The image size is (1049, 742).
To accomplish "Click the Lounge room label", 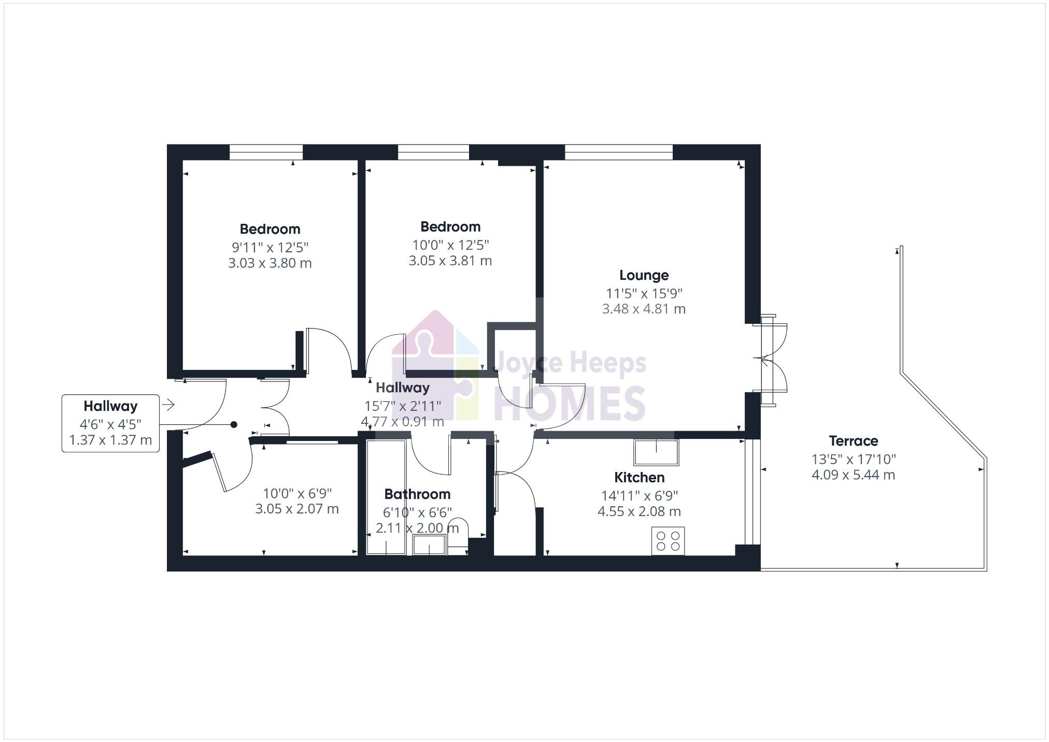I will pos(644,275).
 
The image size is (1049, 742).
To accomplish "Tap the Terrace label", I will pos(853,441).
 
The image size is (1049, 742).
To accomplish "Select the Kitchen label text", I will pos(639,477).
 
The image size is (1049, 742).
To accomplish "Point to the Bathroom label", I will pos(417,494).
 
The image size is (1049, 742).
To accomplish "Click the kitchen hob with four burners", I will pos(668,540).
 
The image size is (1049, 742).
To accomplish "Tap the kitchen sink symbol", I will pos(656,452).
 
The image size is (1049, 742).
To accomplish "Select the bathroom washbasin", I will pos(429,545).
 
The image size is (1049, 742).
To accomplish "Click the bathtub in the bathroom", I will pos(386,497).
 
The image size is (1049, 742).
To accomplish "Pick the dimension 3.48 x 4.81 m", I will pos(644,309).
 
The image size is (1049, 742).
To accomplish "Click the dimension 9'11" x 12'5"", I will pos(270,247).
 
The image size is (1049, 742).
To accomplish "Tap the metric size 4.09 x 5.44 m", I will pos(853,475).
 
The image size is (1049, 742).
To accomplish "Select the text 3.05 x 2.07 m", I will pos(296,509).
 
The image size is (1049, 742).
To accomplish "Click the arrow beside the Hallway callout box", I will pos(168,405).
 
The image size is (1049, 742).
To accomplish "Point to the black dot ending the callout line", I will pos(234,425).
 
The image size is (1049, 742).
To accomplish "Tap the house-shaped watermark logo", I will pos(435,365).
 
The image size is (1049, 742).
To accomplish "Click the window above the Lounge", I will pos(618,152).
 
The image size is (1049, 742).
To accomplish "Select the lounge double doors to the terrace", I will pos(771,360).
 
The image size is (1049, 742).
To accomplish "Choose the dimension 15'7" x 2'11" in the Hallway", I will pos(403,405).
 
